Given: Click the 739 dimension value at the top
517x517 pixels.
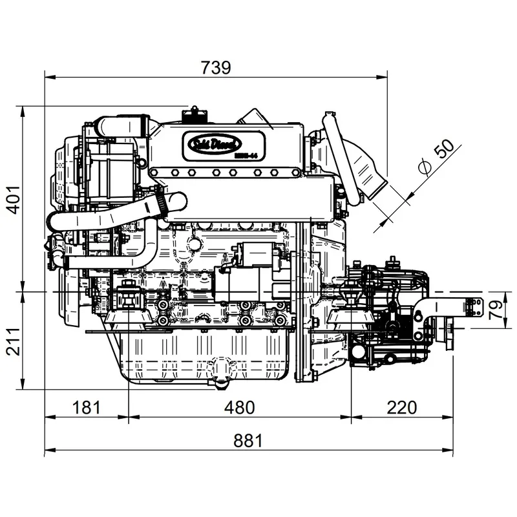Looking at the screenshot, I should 215,67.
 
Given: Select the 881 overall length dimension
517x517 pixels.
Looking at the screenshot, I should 248,441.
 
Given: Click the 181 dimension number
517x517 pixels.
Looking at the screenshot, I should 86,407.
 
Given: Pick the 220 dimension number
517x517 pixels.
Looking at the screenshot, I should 401,407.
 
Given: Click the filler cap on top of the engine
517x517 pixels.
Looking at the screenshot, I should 196,115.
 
